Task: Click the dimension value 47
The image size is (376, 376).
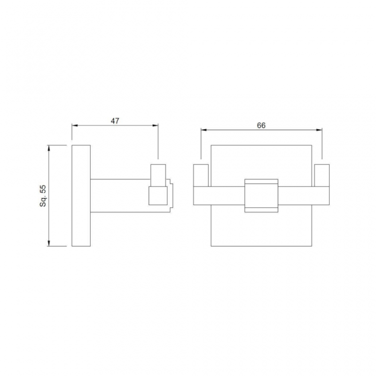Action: [x=115, y=120]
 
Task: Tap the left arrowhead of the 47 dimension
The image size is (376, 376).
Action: [x=74, y=125]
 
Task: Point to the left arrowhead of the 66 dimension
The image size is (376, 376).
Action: [x=203, y=130]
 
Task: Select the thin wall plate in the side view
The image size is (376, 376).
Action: [x=81, y=196]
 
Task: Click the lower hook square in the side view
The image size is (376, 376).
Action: [x=158, y=196]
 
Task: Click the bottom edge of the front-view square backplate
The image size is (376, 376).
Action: [x=261, y=246]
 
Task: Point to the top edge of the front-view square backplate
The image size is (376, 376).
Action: [x=261, y=145]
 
